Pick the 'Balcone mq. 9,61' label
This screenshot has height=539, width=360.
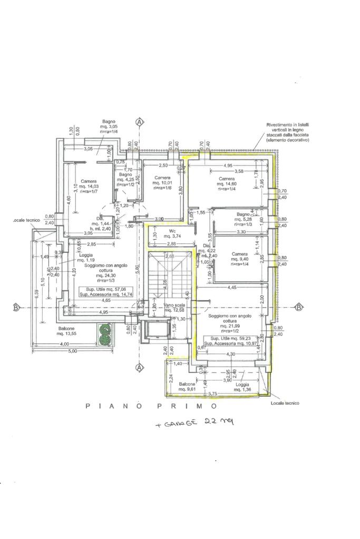pyautogui.click(x=187, y=387)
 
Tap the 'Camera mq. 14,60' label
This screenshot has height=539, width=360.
pyautogui.click(x=227, y=182)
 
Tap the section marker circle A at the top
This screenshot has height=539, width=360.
pyautogui.click(x=140, y=122)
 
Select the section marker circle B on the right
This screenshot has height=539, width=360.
pyautogui.click(x=298, y=308)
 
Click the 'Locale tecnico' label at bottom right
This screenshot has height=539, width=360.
pyautogui.click(x=285, y=403)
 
